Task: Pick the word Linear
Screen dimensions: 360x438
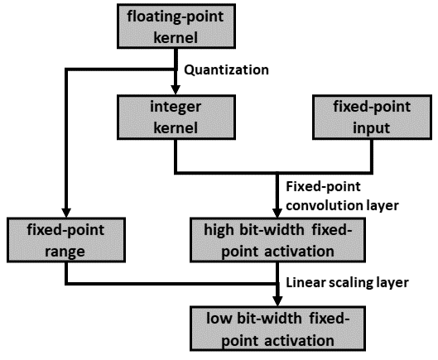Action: point(303,282)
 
